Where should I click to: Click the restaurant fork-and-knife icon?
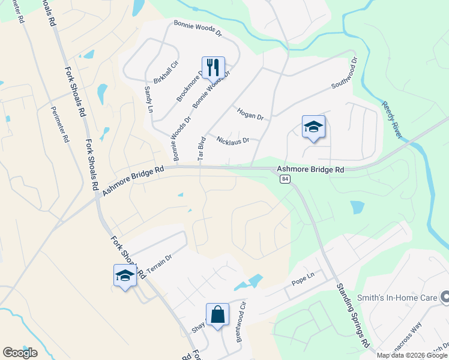pyautogui.click(x=213, y=67)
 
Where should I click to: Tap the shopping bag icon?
pyautogui.click(x=217, y=314)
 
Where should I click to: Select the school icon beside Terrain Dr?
pyautogui.click(x=125, y=275)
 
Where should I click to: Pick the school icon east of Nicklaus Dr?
pyautogui.click(x=313, y=127)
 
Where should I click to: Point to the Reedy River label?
pyautogui.click(x=391, y=119)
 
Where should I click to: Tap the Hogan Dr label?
pyautogui.click(x=250, y=114)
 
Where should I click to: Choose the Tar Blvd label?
pyautogui.click(x=202, y=148)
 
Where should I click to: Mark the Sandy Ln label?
pyautogui.click(x=148, y=99)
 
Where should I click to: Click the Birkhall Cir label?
pyautogui.click(x=166, y=72)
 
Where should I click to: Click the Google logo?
pyautogui.click(x=20, y=352)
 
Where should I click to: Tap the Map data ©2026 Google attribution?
pyautogui.click(x=412, y=355)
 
